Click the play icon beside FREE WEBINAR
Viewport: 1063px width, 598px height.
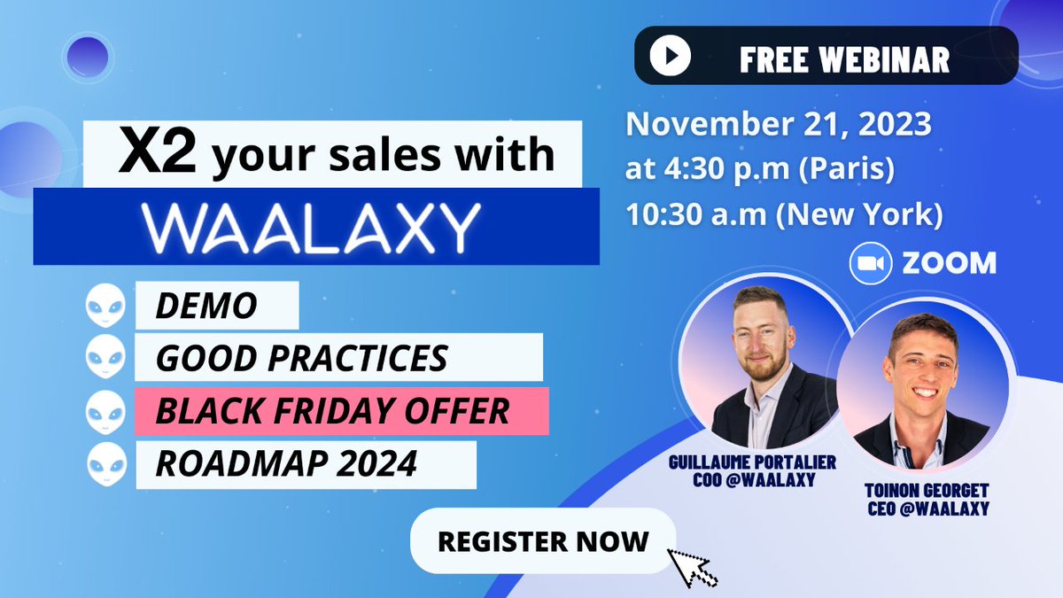tap(671, 57)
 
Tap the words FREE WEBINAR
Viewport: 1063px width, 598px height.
tap(844, 58)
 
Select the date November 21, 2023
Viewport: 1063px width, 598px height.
tap(779, 124)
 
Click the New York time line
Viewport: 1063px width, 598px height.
tap(784, 214)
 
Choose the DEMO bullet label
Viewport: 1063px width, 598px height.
tap(206, 307)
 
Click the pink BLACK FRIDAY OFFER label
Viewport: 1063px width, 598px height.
tap(332, 410)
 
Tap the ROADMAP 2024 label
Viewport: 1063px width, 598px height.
tap(286, 463)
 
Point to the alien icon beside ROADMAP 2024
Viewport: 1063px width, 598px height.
tap(103, 463)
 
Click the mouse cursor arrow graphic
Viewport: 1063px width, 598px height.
tap(692, 566)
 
